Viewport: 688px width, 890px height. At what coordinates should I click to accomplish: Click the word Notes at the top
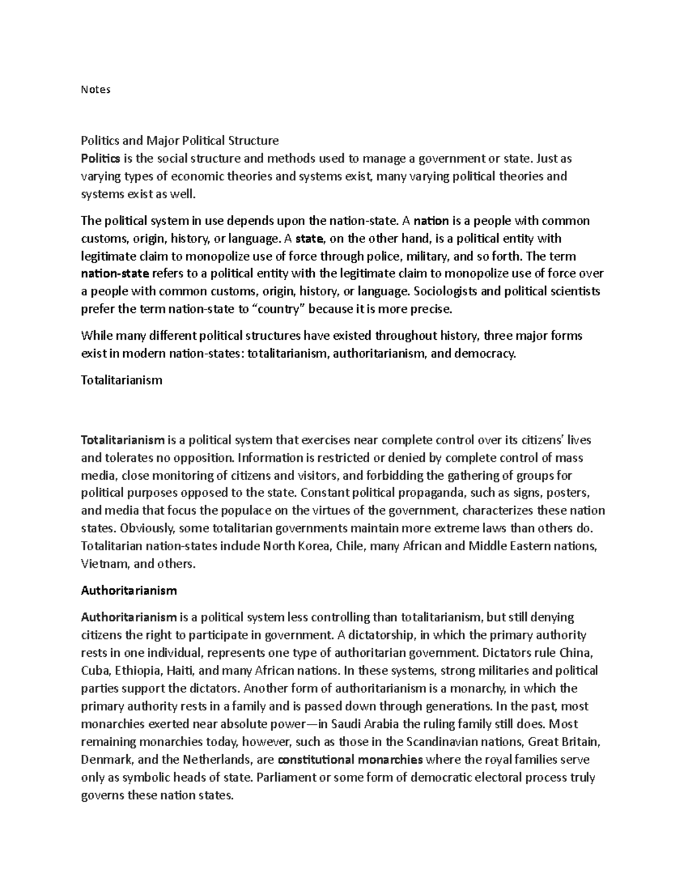pyautogui.click(x=95, y=89)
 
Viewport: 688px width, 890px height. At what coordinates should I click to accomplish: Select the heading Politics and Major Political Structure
pyautogui.click(x=179, y=140)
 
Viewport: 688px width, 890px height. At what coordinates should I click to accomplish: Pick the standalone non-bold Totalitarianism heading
pyautogui.click(x=122, y=380)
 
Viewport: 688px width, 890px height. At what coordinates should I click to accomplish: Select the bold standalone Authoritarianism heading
pyautogui.click(x=129, y=590)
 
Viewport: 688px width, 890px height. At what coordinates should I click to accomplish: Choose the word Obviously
pyautogui.click(x=130, y=528)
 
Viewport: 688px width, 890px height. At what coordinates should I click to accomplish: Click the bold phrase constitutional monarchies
pyautogui.click(x=350, y=760)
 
